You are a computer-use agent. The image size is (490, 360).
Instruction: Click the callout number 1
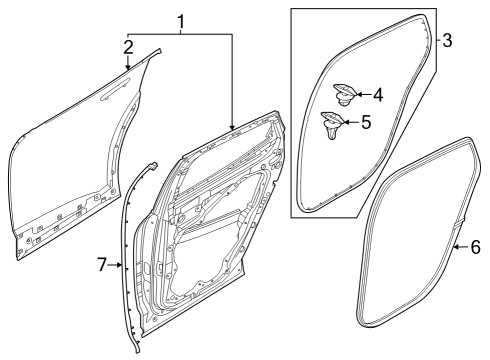[x=181, y=21]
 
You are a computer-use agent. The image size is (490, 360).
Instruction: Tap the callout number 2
[x=128, y=46]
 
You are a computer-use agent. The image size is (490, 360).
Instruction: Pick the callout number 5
[x=366, y=124]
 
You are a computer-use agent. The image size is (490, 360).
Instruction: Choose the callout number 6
[x=475, y=245]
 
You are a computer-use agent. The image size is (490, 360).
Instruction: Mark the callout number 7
[x=101, y=265]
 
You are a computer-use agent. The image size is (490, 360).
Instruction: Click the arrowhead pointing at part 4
[x=359, y=95]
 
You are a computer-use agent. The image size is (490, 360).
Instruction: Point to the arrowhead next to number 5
[x=349, y=124]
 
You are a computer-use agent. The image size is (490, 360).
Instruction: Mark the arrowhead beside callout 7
[x=121, y=265]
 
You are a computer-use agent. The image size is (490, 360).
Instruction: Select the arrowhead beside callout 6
[x=456, y=245]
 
